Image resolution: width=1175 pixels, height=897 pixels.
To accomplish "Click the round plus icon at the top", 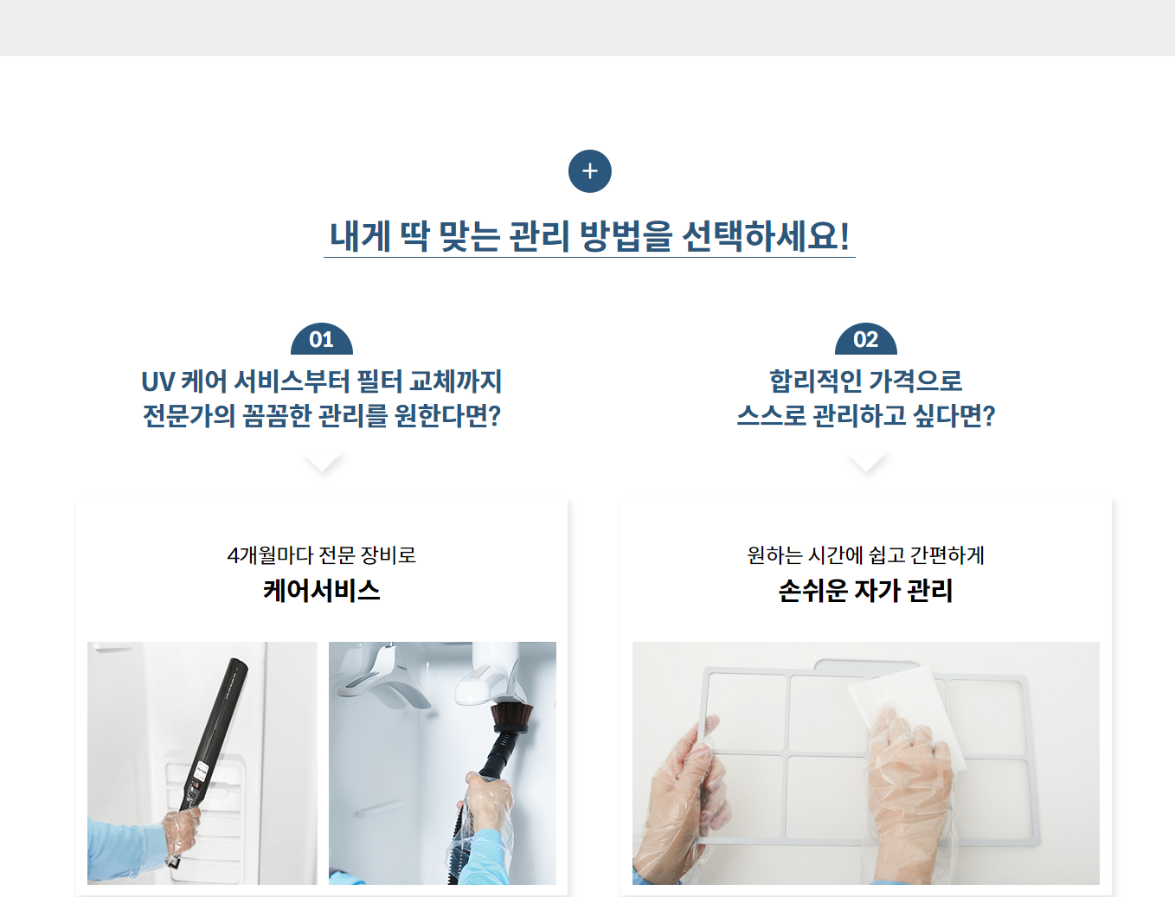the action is click(x=589, y=171).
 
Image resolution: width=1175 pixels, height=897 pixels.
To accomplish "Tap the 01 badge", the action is click(x=321, y=339).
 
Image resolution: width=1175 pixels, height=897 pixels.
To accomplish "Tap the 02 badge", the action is click(x=865, y=339).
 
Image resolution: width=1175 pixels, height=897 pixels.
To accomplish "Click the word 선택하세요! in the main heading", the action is click(x=766, y=236).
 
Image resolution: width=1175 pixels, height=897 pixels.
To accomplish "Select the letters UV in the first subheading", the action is click(x=158, y=381).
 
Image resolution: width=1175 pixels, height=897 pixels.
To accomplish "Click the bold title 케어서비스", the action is click(x=321, y=591).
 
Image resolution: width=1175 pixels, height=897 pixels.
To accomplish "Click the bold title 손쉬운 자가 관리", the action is click(x=865, y=591).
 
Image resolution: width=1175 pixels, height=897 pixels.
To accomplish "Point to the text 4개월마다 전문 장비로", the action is click(x=321, y=555).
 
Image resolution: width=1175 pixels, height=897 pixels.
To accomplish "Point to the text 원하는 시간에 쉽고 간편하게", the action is click(x=865, y=555).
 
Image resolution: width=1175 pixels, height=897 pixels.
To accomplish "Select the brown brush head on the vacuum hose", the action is click(x=512, y=717).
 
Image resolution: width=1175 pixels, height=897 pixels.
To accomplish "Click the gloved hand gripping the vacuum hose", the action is click(x=485, y=803).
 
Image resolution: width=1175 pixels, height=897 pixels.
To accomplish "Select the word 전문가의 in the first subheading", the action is click(x=189, y=415).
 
